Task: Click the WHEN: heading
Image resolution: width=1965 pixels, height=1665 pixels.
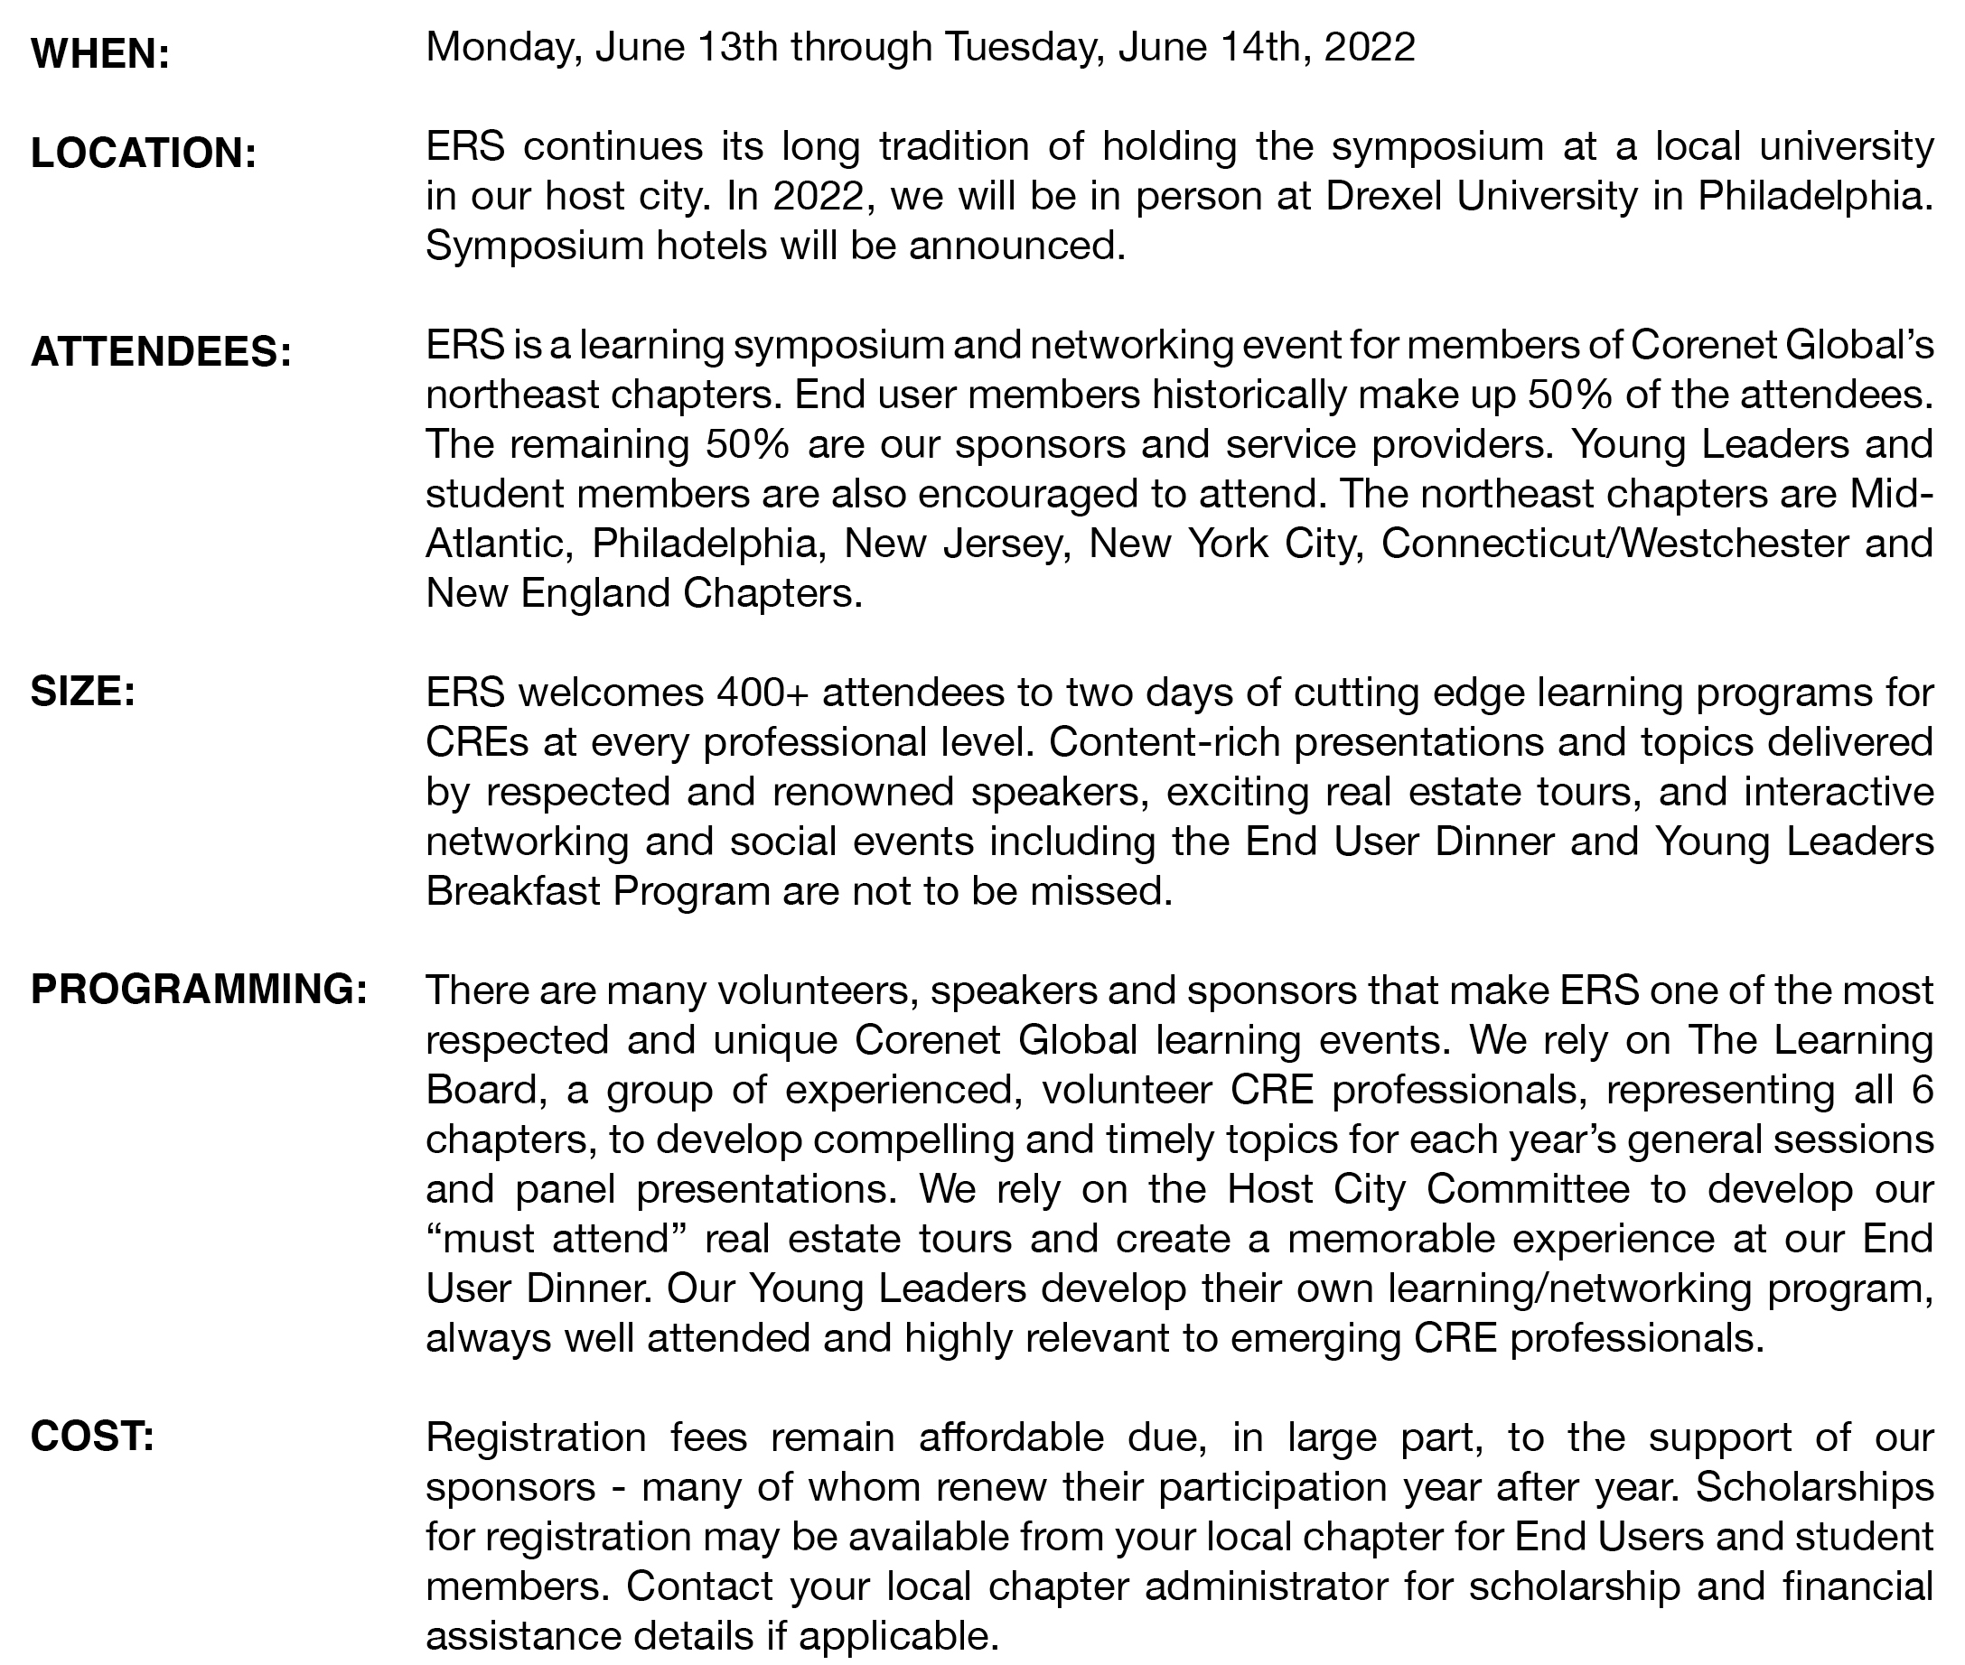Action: click(100, 55)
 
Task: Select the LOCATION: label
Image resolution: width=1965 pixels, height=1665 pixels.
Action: click(144, 153)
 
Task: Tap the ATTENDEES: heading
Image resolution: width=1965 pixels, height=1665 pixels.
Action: click(162, 353)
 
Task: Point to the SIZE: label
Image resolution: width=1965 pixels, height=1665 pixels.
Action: click(83, 693)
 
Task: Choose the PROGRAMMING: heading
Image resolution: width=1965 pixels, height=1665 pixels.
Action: click(198, 991)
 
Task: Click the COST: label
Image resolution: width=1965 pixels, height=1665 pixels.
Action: click(92, 1437)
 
